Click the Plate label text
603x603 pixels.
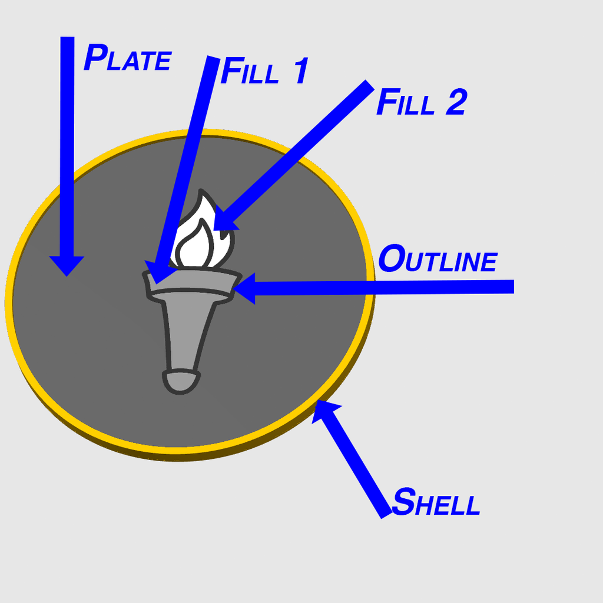(127, 58)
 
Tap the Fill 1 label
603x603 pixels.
(264, 71)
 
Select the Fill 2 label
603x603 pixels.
(422, 102)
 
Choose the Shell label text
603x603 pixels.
(436, 501)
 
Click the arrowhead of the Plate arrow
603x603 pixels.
(67, 266)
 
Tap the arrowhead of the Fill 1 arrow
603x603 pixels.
(158, 272)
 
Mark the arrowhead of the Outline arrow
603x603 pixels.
(244, 288)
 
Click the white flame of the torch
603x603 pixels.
(201, 231)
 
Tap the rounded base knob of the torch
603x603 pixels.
(181, 382)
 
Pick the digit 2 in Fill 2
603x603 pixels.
(457, 102)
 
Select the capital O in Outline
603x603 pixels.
(392, 258)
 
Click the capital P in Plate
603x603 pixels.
(95, 57)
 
